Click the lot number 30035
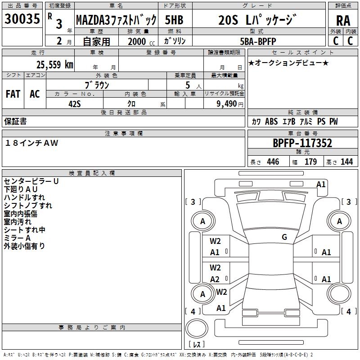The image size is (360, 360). click(x=22, y=18)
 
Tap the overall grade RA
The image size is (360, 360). click(x=343, y=21)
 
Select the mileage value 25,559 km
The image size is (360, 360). click(x=55, y=65)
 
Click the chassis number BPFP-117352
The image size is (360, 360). click(x=302, y=143)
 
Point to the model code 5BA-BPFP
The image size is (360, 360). click(x=258, y=41)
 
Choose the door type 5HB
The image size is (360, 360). click(x=174, y=20)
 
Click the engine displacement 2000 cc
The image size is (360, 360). click(x=141, y=41)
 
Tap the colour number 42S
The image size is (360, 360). click(x=75, y=104)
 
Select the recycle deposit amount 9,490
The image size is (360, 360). click(x=227, y=103)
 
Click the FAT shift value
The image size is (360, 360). click(x=13, y=94)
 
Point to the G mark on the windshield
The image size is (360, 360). click(x=284, y=237)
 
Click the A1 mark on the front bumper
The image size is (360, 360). click(x=321, y=184)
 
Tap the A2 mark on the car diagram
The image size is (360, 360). click(x=215, y=279)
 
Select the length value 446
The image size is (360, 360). click(x=273, y=162)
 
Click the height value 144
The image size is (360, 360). click(x=346, y=162)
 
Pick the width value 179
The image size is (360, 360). click(x=310, y=162)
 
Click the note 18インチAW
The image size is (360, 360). click(x=31, y=143)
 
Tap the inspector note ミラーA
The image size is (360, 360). click(x=17, y=238)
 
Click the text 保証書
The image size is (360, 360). click(x=15, y=121)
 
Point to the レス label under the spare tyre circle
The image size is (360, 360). click(x=197, y=344)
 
